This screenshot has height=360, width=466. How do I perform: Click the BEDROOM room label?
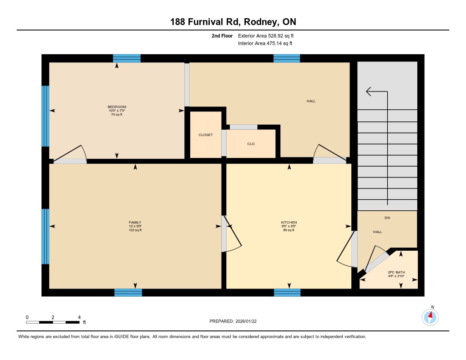coord(117,106)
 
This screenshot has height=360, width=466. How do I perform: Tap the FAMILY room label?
coord(135,223)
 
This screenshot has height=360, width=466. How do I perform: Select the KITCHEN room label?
coord(289,223)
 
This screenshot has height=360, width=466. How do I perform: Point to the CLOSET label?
coord(206,135)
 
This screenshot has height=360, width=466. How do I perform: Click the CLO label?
coord(251,144)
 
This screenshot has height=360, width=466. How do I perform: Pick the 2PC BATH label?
coord(396,272)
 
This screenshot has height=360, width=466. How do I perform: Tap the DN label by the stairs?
coord(387,218)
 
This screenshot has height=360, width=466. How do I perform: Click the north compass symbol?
coord(430,317)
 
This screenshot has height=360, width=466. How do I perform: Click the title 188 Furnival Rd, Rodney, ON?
coord(233,22)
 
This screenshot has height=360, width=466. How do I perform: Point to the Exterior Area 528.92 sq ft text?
coord(266,35)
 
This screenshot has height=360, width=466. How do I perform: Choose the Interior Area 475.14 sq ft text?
coord(265,43)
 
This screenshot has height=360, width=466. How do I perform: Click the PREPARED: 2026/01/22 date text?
coord(233,321)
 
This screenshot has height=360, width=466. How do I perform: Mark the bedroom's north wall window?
coord(127,58)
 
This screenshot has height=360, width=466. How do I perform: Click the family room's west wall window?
coord(45,236)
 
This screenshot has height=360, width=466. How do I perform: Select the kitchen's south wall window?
coord(287,293)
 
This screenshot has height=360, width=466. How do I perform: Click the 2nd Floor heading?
coord(222,35)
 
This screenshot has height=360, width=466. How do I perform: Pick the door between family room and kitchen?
coord(231,233)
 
